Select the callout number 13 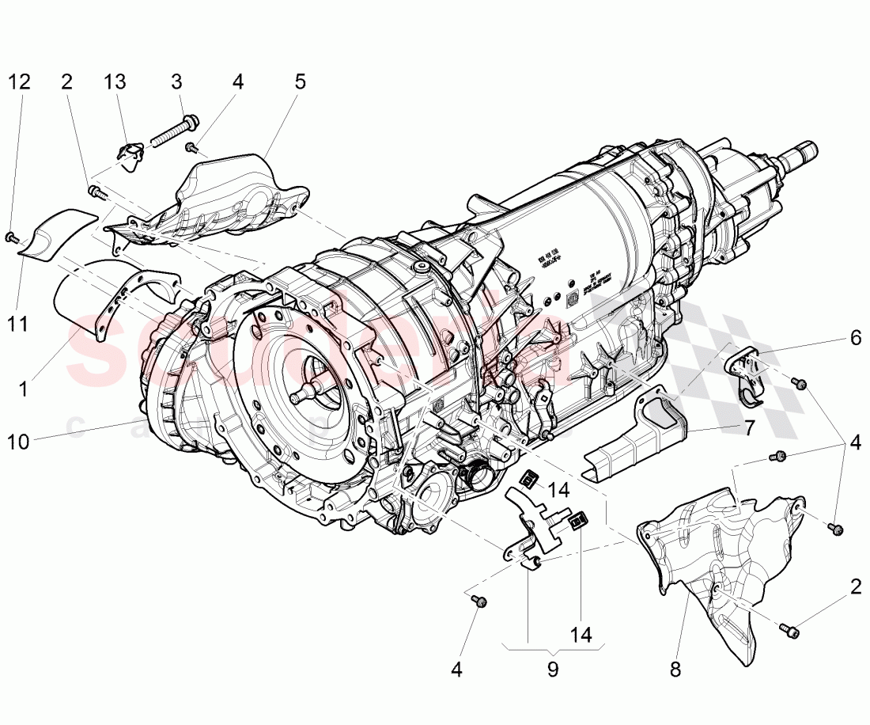tap(115, 82)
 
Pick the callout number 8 tap(675, 670)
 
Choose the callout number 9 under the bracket tap(552, 670)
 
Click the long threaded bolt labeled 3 tap(171, 131)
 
